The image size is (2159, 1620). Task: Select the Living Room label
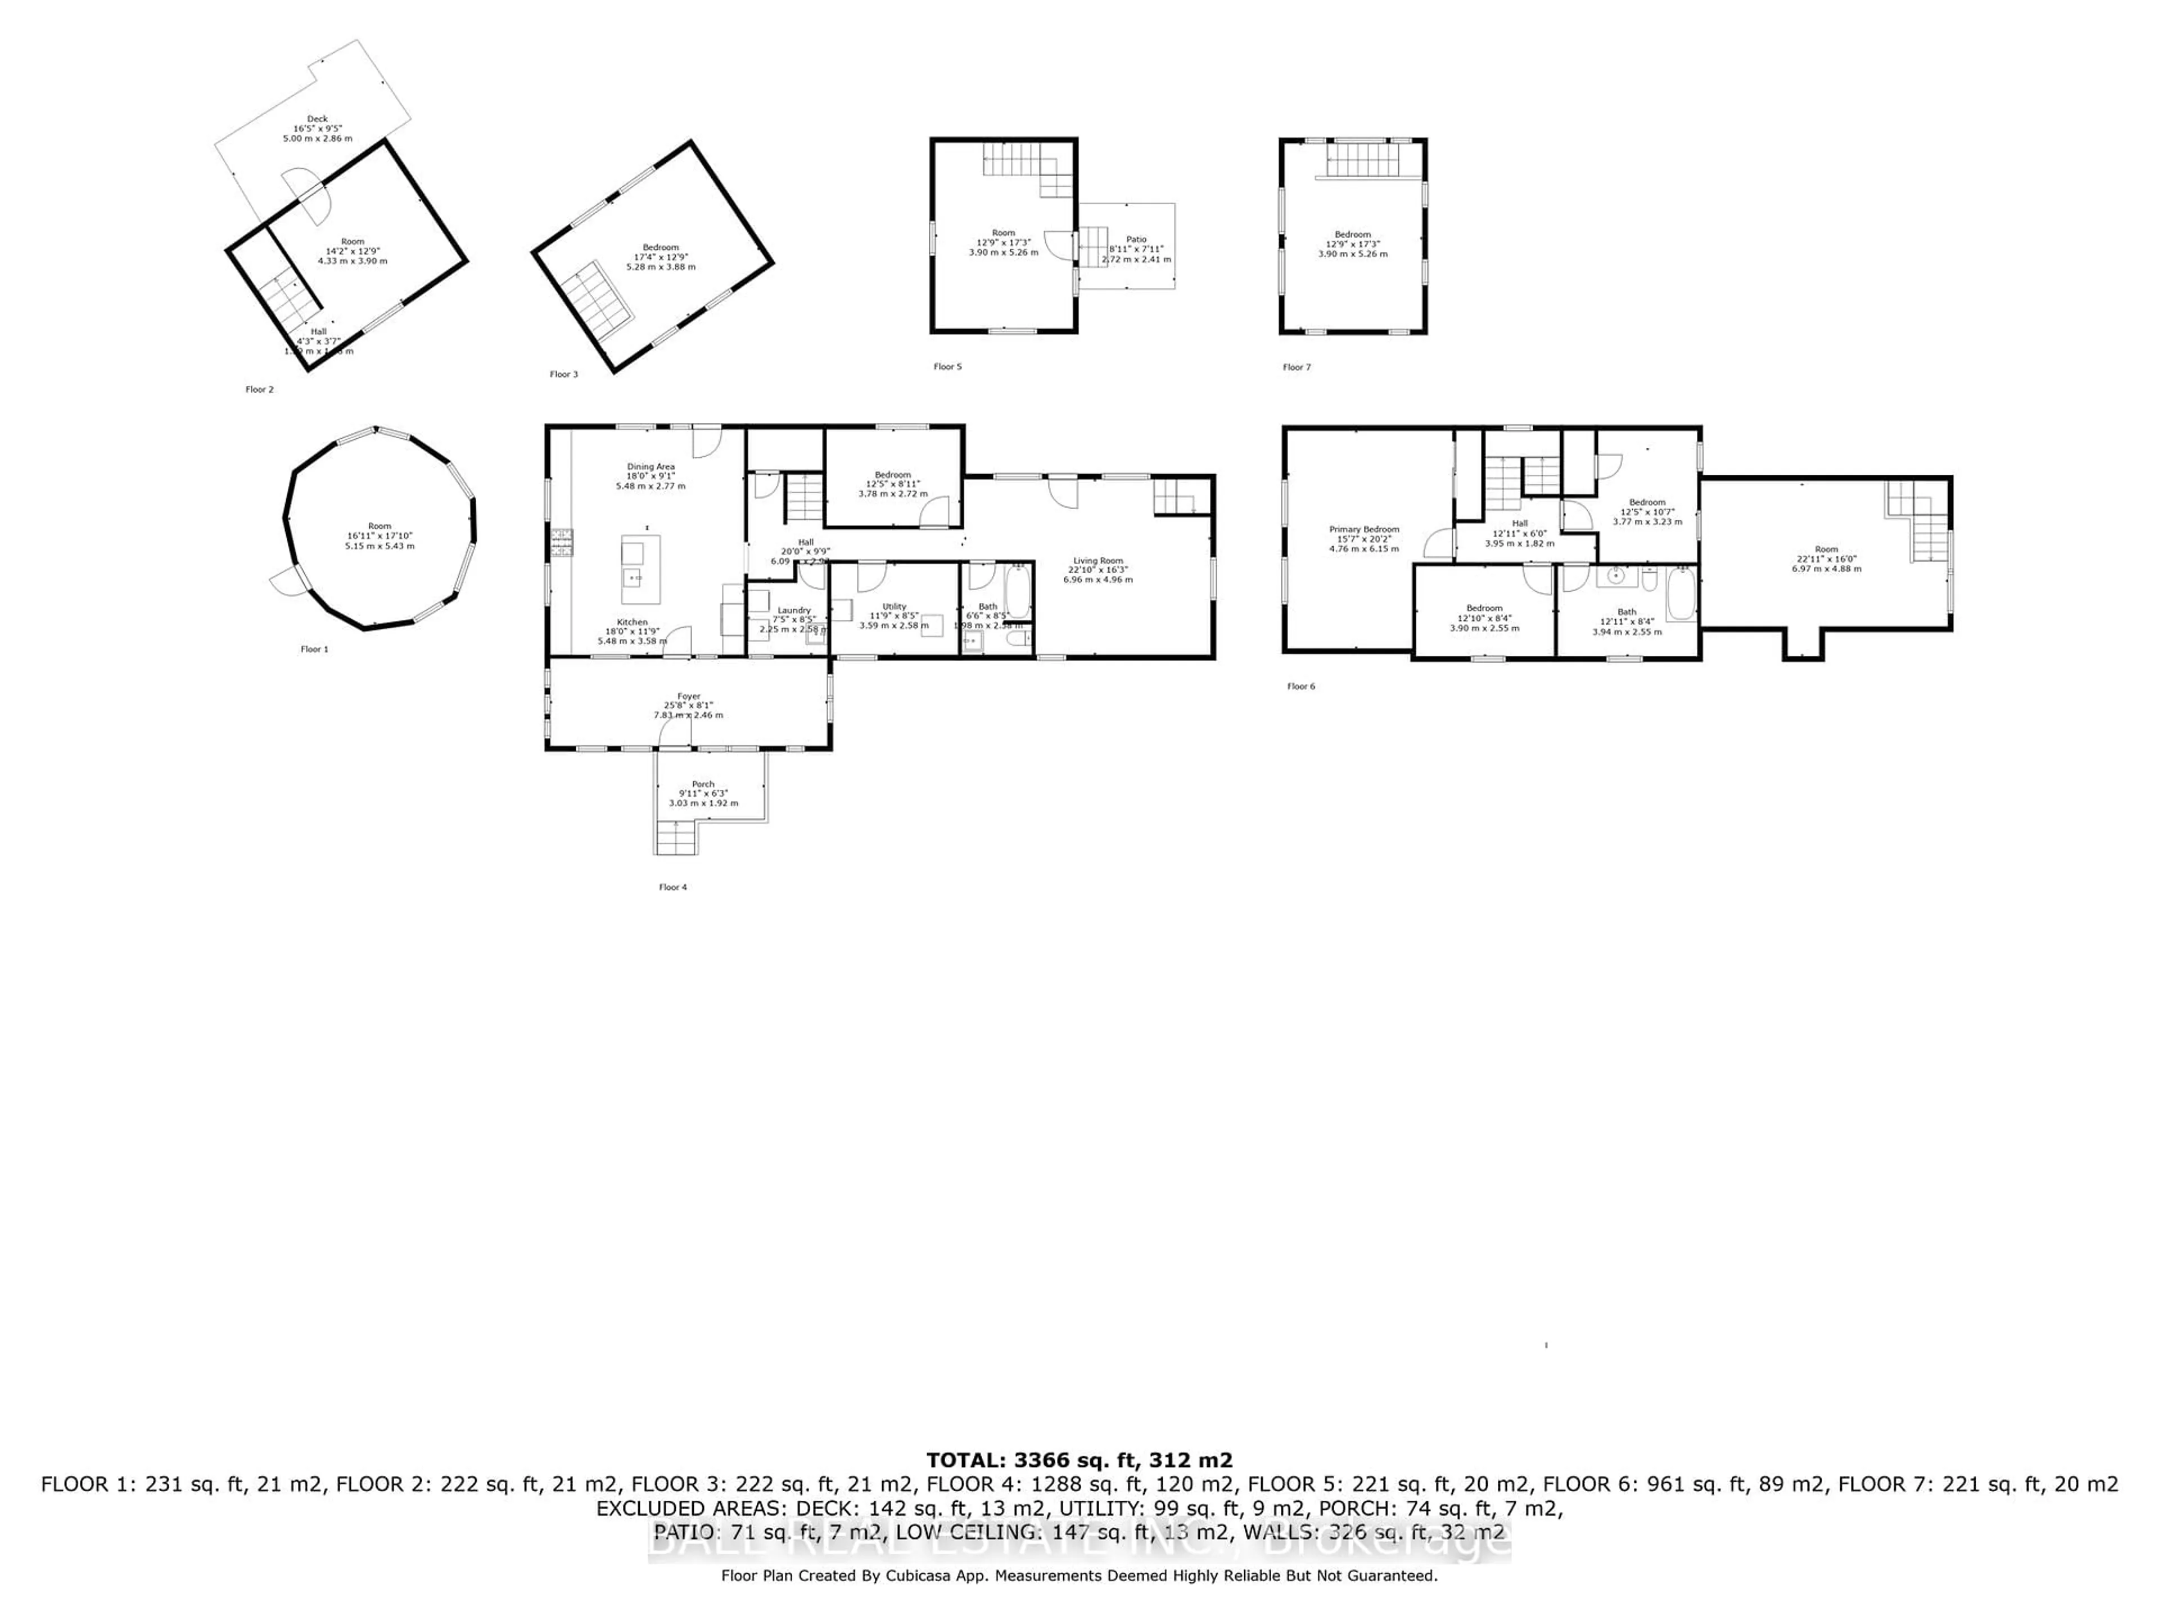click(x=1098, y=560)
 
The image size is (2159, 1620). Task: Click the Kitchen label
click(x=631, y=622)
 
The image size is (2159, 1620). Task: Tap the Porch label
click(x=703, y=784)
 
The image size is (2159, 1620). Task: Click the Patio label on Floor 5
click(x=1136, y=239)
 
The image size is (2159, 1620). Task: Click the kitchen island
click(x=640, y=569)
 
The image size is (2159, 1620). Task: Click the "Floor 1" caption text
click(x=314, y=649)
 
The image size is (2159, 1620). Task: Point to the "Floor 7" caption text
click(x=1296, y=367)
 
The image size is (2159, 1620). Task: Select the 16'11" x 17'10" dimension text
click(x=379, y=536)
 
